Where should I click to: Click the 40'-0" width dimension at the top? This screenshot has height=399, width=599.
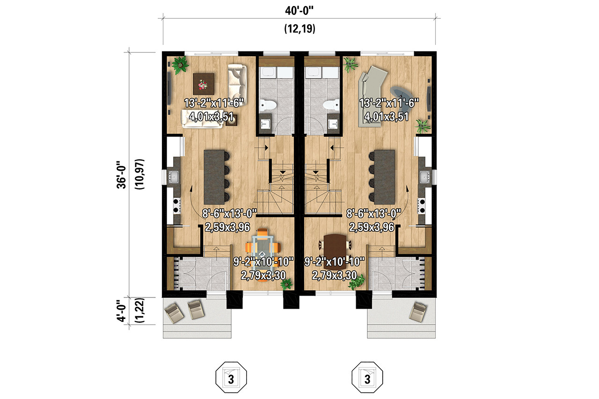pos(299,10)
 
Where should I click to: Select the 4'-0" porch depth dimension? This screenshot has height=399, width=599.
pos(122,311)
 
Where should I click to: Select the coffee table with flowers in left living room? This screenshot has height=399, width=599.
pos(203,84)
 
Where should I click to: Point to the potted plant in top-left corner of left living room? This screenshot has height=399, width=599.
pos(179,65)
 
